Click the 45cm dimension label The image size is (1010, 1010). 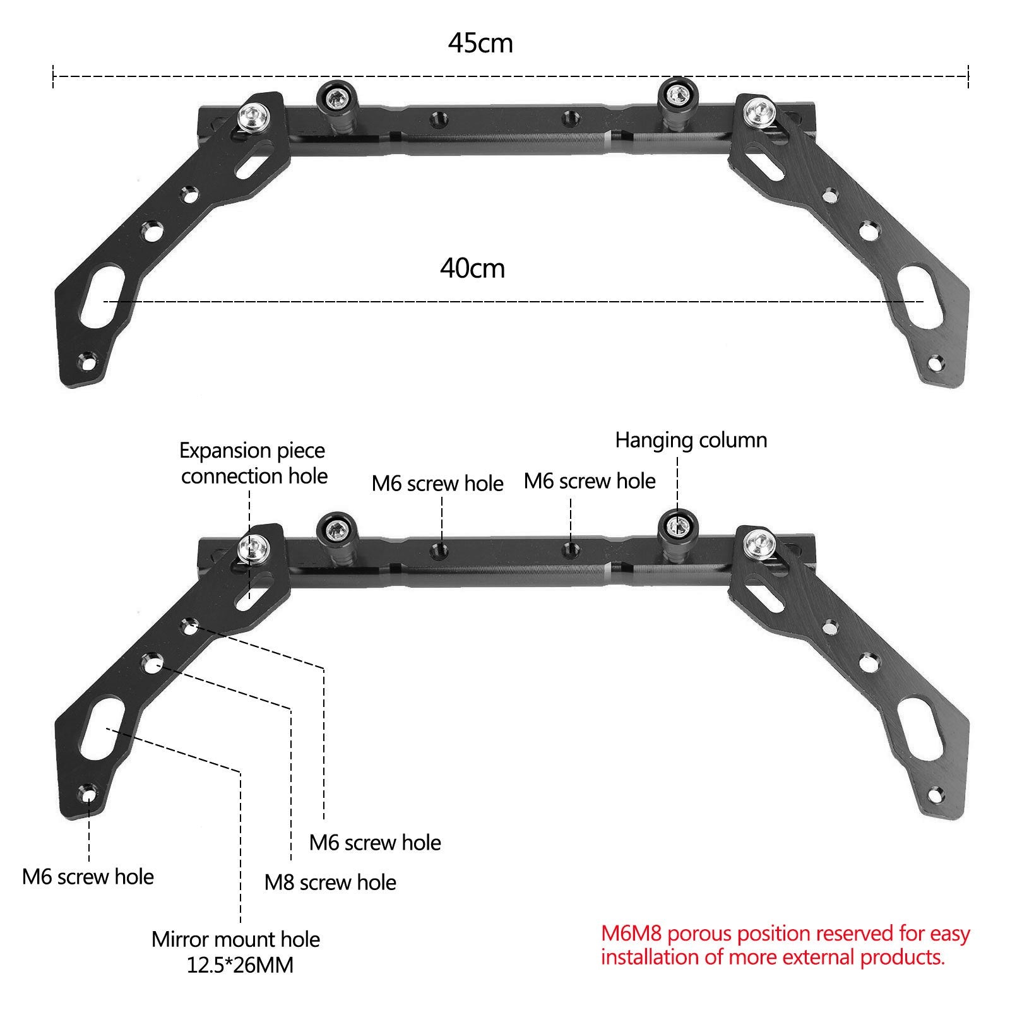[x=480, y=44]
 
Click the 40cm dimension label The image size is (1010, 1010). [x=472, y=269]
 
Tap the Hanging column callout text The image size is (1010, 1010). [x=691, y=440]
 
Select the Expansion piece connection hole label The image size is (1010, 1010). [x=254, y=463]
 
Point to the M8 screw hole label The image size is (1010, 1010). [x=330, y=882]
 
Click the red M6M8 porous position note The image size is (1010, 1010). [x=785, y=945]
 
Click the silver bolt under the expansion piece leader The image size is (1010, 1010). [x=251, y=548]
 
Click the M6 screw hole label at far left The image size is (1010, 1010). [x=88, y=877]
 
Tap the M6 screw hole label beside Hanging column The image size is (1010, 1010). [x=590, y=481]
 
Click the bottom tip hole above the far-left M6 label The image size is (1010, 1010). [x=88, y=793]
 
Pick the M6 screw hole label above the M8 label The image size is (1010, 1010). [x=375, y=842]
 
